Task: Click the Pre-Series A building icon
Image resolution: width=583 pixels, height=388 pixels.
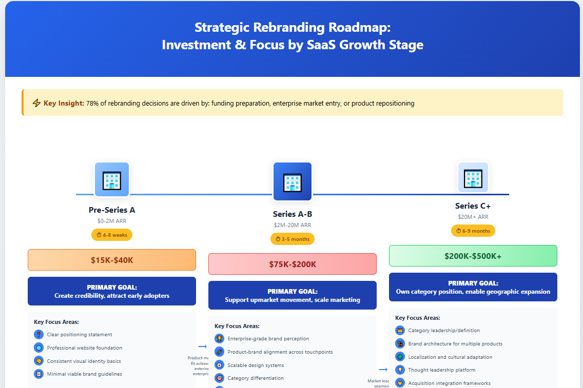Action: tap(111, 179)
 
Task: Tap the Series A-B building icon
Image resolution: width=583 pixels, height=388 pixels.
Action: tap(292, 181)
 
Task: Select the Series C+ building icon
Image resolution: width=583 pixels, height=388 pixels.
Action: tap(473, 177)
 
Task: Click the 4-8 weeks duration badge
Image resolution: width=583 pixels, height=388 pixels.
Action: tap(112, 235)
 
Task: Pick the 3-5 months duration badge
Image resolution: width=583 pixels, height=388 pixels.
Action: tap(292, 239)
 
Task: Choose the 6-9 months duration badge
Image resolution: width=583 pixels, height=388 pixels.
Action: tap(473, 231)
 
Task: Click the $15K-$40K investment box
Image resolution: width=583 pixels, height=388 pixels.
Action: tap(112, 260)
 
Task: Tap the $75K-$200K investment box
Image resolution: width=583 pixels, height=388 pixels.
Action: tap(293, 264)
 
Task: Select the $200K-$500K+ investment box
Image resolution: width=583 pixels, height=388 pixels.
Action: tap(473, 256)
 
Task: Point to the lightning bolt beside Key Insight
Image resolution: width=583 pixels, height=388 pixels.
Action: tap(36, 104)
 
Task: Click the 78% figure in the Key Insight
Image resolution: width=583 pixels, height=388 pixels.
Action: tap(93, 104)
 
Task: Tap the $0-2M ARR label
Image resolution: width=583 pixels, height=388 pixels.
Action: tap(112, 221)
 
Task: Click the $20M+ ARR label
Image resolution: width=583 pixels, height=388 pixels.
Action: tap(473, 217)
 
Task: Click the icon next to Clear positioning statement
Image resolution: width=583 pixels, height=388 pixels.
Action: tap(38, 335)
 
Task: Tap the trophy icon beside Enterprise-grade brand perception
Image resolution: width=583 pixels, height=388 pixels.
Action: tap(219, 339)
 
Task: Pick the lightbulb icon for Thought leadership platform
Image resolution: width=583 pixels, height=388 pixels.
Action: tap(400, 370)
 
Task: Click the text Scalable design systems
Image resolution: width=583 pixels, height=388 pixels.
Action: tap(256, 365)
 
